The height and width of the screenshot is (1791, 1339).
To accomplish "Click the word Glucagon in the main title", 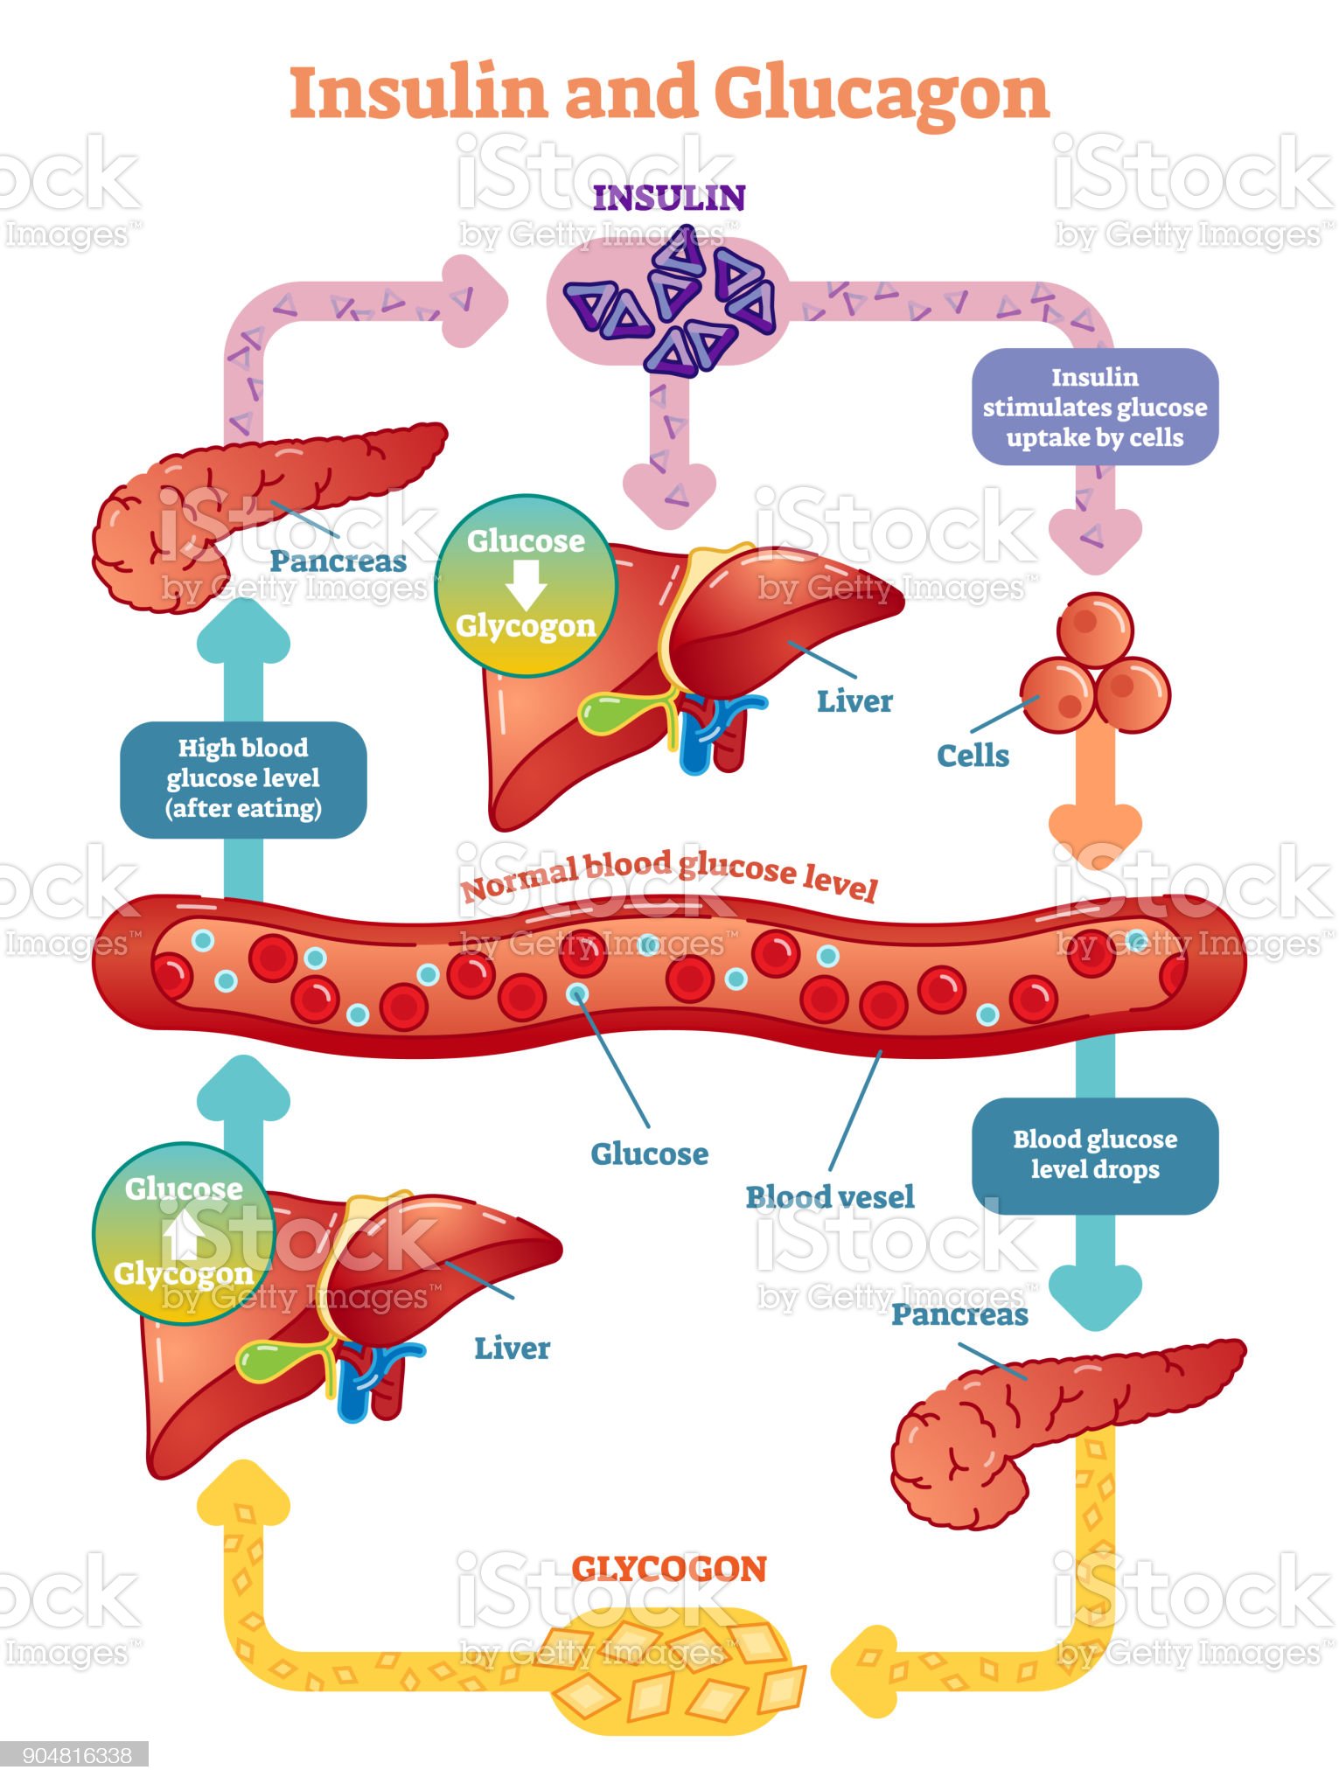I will (881, 94).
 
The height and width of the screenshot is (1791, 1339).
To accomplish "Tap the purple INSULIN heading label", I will (669, 199).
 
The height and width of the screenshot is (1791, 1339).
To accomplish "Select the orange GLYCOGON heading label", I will (669, 1569).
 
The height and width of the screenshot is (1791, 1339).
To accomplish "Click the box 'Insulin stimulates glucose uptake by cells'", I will (1095, 407).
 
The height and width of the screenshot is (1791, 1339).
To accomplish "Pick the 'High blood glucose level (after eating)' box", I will (243, 778).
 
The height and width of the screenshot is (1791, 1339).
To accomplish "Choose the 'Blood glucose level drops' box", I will (1095, 1154).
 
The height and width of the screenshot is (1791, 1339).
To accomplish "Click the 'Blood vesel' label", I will (829, 1196).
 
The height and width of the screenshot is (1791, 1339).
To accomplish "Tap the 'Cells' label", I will (973, 756).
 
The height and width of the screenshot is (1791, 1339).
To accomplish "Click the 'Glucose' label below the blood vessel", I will (650, 1153).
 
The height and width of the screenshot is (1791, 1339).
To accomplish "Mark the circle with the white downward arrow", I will (526, 584).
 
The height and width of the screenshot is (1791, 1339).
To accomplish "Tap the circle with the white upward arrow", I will (184, 1232).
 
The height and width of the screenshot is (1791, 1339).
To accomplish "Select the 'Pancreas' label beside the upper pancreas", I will (338, 561).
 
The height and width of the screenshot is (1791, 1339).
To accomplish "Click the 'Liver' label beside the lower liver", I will (512, 1348).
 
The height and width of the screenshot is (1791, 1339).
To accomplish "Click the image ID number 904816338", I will (77, 1754).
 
